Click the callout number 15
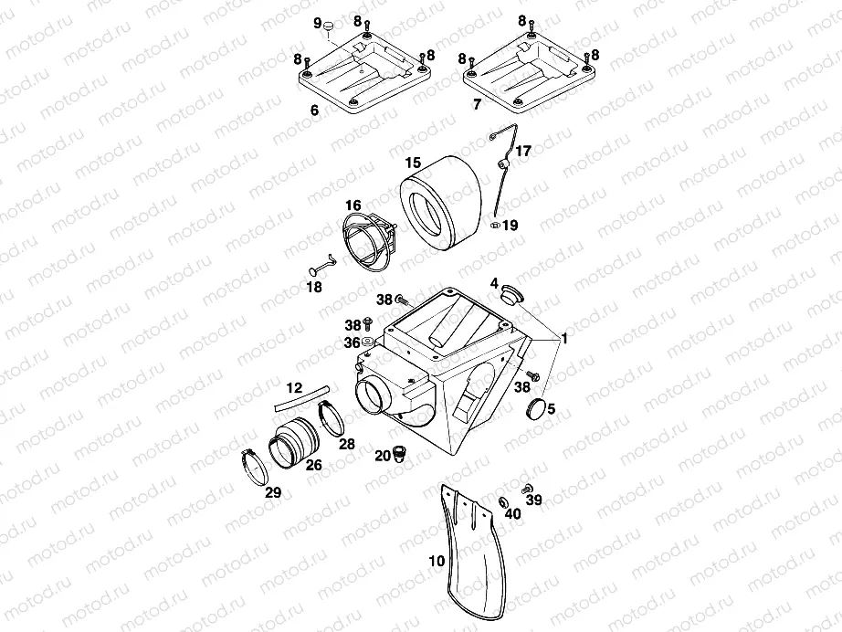pyautogui.click(x=413, y=163)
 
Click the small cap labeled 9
pyautogui.click(x=329, y=25)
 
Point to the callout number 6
pyautogui.click(x=315, y=111)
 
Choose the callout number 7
pyautogui.click(x=478, y=104)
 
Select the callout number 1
pyautogui.click(x=564, y=338)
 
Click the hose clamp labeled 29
pyautogui.click(x=255, y=466)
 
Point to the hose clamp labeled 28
pyautogui.click(x=331, y=419)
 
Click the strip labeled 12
pyautogui.click(x=302, y=398)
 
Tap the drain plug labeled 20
pyautogui.click(x=399, y=453)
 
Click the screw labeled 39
pyautogui.click(x=527, y=488)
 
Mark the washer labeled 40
pyautogui.click(x=505, y=503)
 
